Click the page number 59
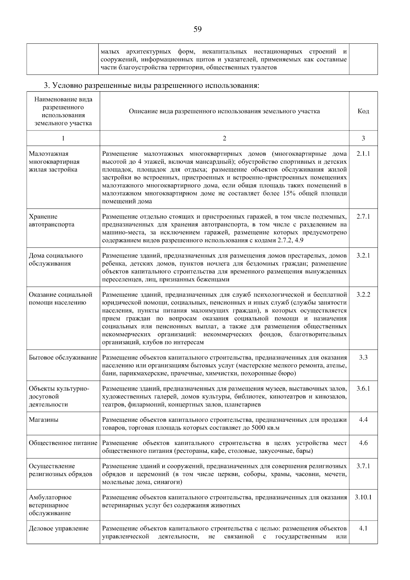click(197, 29)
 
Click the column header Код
click(363, 111)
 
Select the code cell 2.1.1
click(363, 154)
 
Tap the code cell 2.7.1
click(363, 217)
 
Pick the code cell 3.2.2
click(363, 295)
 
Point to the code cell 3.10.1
click(363, 497)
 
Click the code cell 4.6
click(363, 443)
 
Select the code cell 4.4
click(363, 420)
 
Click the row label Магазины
click(43, 420)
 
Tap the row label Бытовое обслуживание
click(63, 358)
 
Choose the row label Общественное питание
click(63, 443)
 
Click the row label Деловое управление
click(59, 528)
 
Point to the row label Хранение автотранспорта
click(52, 220)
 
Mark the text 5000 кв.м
click(265, 428)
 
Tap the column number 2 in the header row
click(224, 138)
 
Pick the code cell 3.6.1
click(363, 389)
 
